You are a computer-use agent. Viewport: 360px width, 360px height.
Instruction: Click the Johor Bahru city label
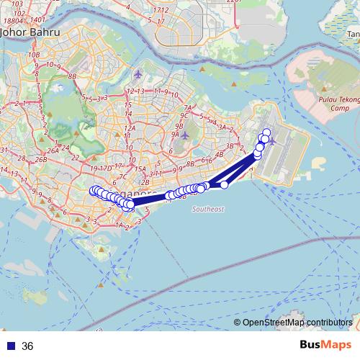click(30, 32)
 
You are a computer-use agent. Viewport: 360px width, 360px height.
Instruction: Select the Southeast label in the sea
click(208, 209)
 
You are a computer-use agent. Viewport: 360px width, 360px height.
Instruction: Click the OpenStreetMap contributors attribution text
click(297, 323)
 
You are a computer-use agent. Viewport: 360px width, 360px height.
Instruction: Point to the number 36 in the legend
click(28, 346)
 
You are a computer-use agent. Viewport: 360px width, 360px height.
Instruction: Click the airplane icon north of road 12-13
click(139, 75)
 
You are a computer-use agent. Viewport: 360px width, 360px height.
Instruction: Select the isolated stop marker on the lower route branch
click(224, 185)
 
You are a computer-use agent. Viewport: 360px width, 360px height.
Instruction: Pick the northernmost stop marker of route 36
click(266, 132)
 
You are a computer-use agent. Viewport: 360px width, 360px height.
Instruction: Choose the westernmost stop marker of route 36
click(93, 190)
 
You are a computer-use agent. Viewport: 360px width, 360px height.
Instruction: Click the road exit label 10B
click(34, 54)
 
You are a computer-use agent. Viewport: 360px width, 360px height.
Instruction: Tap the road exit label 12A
click(130, 127)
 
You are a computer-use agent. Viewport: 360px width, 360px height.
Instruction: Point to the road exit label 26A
click(52, 151)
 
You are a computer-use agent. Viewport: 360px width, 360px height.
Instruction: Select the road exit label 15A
click(140, 168)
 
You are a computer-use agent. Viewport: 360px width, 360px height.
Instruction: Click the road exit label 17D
click(105, 168)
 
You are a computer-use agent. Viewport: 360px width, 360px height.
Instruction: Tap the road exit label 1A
click(120, 225)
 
